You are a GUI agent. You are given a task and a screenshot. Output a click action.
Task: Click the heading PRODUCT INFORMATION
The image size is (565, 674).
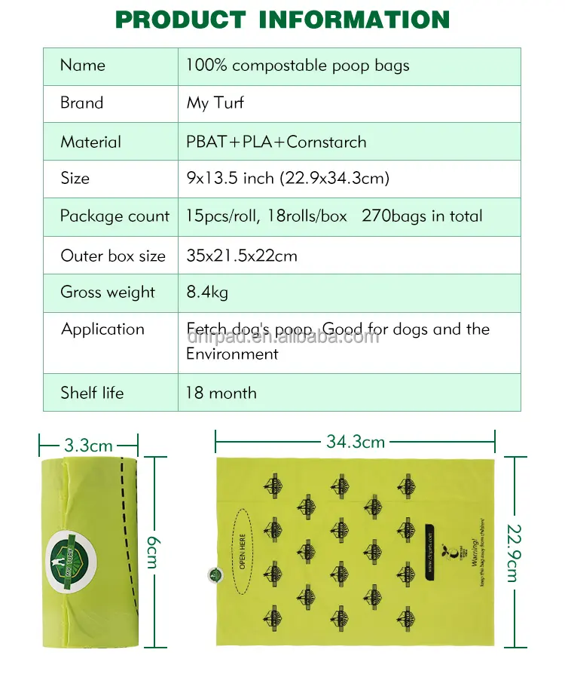282,20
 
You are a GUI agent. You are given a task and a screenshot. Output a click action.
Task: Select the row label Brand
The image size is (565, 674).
82,103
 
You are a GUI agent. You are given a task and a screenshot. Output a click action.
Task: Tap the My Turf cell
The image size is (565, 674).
215,103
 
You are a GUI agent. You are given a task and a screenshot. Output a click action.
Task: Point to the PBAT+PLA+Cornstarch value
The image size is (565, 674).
276,142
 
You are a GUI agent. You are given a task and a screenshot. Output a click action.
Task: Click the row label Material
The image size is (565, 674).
90,142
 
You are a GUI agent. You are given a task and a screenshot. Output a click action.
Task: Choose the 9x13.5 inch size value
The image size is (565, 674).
288,179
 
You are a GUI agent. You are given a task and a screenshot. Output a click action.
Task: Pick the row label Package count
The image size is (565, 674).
115,216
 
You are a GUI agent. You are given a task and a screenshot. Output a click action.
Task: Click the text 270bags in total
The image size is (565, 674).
422,216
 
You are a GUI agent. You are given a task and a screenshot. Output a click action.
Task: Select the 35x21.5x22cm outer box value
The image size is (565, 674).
242,256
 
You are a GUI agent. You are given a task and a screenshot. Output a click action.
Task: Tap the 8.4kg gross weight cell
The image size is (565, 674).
207,293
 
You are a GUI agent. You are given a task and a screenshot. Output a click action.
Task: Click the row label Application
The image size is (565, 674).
102,329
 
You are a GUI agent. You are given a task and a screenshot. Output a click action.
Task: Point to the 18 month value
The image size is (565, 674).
221,393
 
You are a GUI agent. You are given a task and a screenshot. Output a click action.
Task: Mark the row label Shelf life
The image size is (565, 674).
92,393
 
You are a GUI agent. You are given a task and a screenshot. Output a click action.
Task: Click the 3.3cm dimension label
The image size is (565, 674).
89,446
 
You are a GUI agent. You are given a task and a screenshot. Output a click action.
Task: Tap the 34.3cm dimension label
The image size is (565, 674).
356,442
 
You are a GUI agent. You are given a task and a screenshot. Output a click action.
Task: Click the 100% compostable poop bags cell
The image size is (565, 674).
298,66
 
